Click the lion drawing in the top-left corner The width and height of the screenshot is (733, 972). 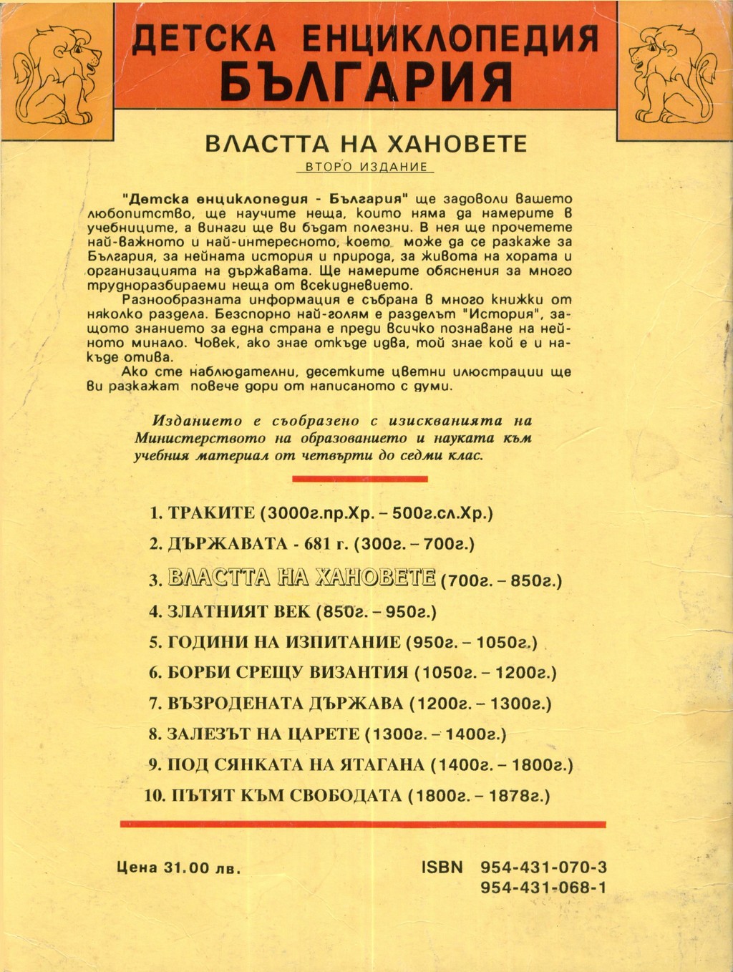pos(57,72)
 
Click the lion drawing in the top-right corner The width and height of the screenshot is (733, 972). pos(673,72)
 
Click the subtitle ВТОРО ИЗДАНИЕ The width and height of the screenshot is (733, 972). pos(366,167)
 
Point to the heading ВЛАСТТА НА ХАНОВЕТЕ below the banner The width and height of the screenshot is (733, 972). pos(366,143)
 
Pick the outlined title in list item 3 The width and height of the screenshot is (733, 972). pos(301,577)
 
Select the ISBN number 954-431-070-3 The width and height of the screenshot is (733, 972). pos(544,867)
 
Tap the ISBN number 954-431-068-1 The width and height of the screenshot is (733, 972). pos(544,888)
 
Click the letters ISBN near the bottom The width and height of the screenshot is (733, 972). pos(442,867)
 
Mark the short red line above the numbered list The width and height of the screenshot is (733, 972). pos(360,478)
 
